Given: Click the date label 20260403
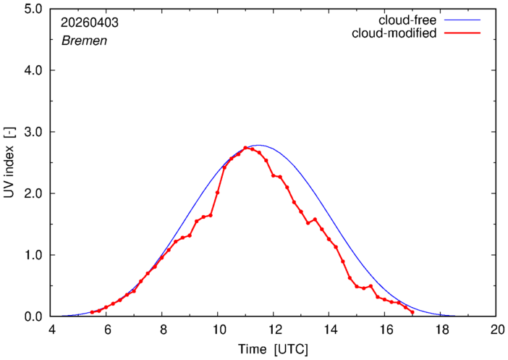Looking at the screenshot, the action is click(x=90, y=22).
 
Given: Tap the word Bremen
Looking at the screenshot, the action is click(x=84, y=41).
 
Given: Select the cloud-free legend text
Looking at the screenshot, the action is click(x=407, y=20).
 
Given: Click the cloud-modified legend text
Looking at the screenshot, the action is click(x=394, y=33).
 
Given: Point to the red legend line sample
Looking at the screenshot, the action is click(x=462, y=33).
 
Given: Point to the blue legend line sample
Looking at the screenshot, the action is click(x=462, y=20).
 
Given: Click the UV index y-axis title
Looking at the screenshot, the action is click(x=9, y=162).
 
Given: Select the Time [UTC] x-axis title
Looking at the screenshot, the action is click(x=273, y=349).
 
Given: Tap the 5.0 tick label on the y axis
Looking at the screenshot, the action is click(x=33, y=9).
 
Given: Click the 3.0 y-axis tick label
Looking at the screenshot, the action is click(x=33, y=132).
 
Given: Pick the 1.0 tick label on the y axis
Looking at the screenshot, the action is click(x=33, y=255).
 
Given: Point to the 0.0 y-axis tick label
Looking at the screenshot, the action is click(x=33, y=317).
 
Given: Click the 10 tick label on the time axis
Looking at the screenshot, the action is click(x=217, y=330).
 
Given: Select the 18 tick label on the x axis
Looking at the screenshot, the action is click(x=440, y=330).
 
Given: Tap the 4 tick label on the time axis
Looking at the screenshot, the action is click(x=52, y=330).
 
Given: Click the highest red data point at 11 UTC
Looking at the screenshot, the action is click(x=245, y=148).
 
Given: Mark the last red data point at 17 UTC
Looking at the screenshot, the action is click(x=412, y=312).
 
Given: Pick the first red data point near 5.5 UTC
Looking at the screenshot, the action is click(x=92, y=312).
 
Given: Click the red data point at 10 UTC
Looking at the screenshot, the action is click(x=217, y=193).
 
